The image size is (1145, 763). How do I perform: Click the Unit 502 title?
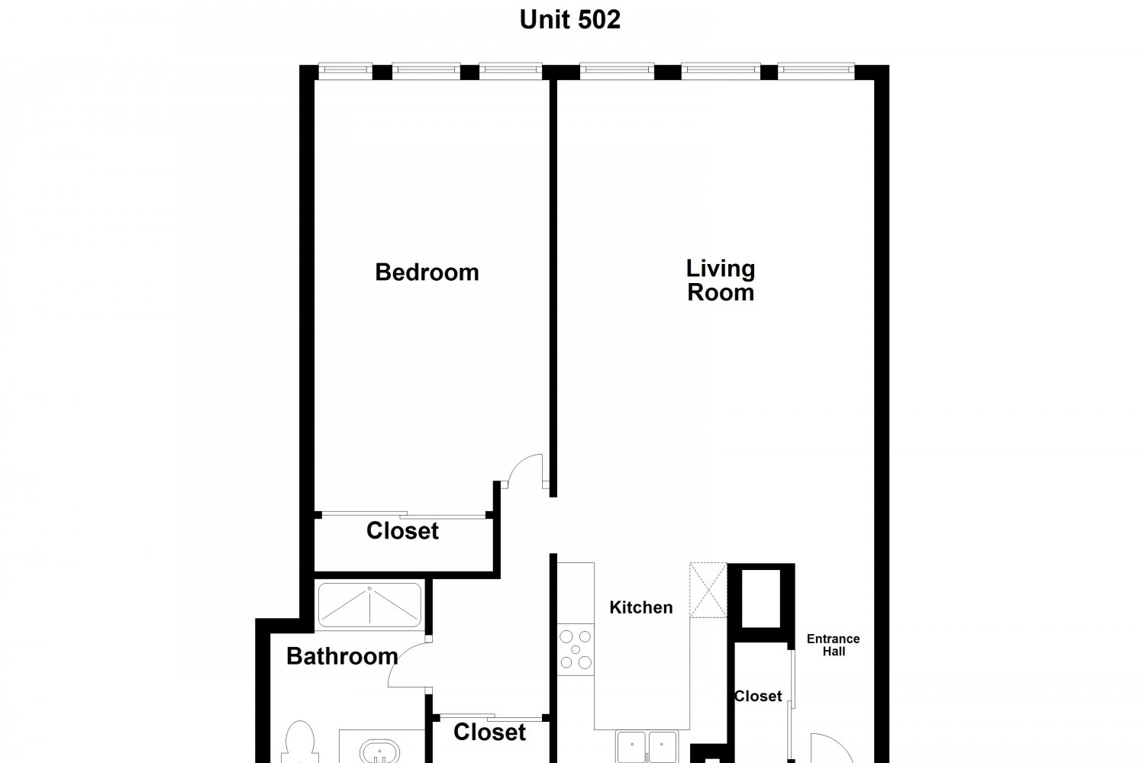(x=570, y=20)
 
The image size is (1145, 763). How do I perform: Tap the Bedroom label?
(x=427, y=272)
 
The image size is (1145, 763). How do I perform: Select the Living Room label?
(x=721, y=281)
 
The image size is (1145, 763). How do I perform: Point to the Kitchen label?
(x=641, y=607)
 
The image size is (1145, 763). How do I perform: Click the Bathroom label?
(x=342, y=656)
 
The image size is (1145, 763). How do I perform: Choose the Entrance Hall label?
(x=834, y=645)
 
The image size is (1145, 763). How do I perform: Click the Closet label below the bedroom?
(x=402, y=530)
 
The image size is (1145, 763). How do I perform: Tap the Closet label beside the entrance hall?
(x=758, y=696)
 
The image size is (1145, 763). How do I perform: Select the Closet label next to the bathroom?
(x=489, y=732)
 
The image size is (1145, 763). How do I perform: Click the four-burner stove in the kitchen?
(x=576, y=649)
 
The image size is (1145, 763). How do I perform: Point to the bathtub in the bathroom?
(x=369, y=605)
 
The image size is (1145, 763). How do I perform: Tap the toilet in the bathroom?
(x=299, y=742)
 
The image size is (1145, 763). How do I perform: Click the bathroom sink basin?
(x=380, y=752)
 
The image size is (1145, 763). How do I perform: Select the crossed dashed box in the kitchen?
(x=708, y=591)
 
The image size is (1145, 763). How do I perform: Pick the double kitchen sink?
(x=647, y=747)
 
